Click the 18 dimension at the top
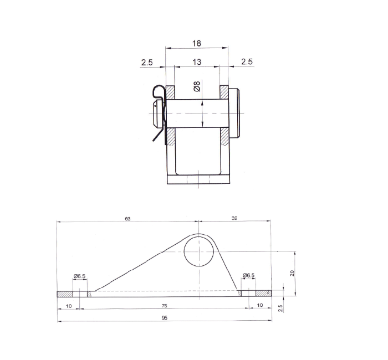tap(197, 43)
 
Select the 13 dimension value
tap(197, 62)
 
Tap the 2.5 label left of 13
tap(147, 62)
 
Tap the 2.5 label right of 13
tap(247, 62)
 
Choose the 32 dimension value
tap(234, 219)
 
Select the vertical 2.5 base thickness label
tap(280, 307)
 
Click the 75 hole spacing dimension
tap(165, 305)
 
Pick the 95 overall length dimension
tap(165, 318)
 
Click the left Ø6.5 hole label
tap(79, 275)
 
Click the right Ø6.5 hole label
tap(248, 275)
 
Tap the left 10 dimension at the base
tap(69, 305)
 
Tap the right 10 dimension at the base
tap(260, 305)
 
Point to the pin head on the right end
tap(235, 113)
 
